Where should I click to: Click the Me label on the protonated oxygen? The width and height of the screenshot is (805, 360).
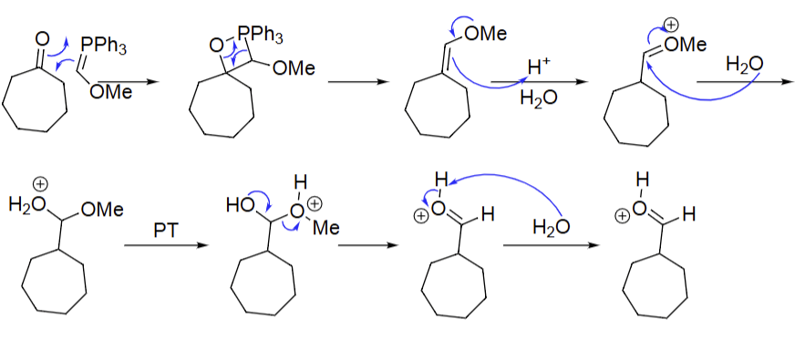coord(325,228)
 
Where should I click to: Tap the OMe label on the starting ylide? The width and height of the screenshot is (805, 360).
coord(111,92)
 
